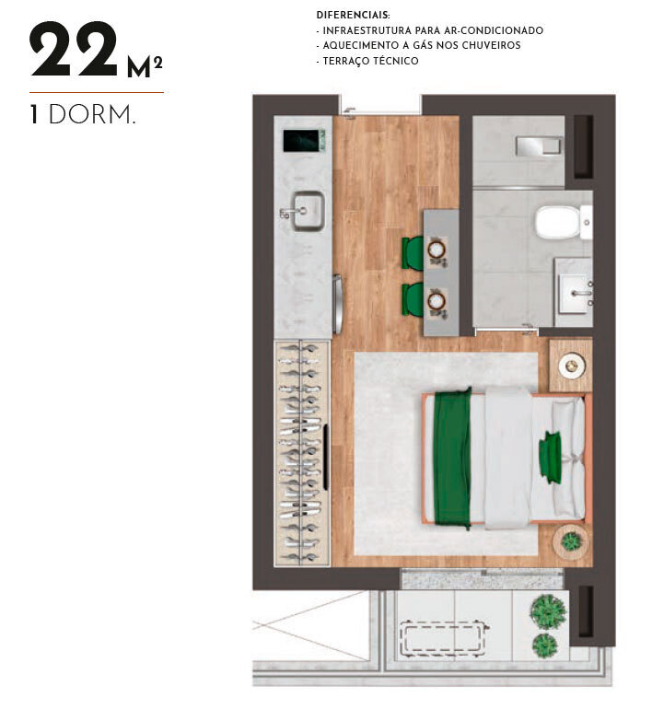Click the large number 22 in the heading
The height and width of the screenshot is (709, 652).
pos(74,52)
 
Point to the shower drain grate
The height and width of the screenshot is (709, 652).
pos(539,146)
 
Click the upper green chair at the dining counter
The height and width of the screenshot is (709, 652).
pos(413,253)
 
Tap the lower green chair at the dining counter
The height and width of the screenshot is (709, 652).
pos(413,299)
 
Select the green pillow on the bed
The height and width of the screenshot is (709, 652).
pos(552,457)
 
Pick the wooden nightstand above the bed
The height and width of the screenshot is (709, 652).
pos(571,365)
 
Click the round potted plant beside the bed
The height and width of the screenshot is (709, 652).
pos(572,542)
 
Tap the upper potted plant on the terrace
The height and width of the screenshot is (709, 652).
pos(548,610)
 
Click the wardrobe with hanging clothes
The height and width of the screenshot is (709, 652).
pos(302,451)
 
